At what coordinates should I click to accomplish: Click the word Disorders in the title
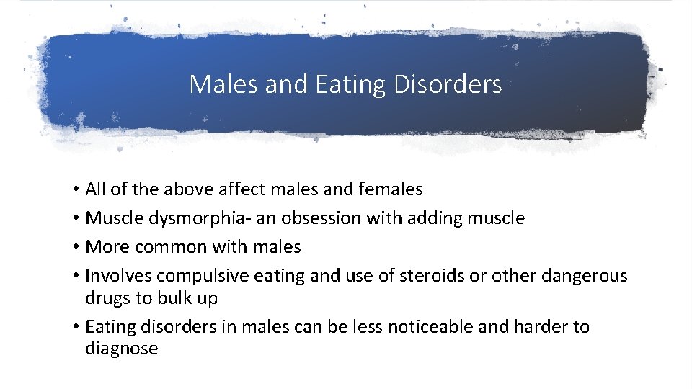click(448, 85)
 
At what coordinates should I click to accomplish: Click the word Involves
click(117, 276)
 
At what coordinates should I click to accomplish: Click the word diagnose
click(121, 349)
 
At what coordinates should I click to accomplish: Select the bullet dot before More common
click(76, 248)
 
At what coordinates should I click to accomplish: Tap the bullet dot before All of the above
click(76, 190)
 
